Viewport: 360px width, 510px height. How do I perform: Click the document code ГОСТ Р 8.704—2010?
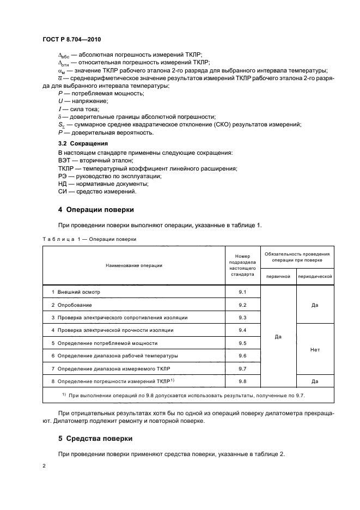coord(71,40)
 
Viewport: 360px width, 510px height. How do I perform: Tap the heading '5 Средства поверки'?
coord(97,439)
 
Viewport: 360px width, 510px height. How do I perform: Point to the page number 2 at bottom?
coord(44,466)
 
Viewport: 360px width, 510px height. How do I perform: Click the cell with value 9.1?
coord(242,292)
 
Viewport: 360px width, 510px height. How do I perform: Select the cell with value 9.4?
coord(242,330)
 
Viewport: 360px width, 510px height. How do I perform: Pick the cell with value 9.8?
coord(242,381)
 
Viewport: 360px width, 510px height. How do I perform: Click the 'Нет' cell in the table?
coord(315,349)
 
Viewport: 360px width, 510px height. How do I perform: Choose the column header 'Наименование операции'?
coord(134,265)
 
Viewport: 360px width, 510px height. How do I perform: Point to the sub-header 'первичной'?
coord(278,277)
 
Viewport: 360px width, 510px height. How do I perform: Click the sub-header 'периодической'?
coord(315,277)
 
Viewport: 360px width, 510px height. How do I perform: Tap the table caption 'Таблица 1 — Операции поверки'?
coord(89,239)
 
